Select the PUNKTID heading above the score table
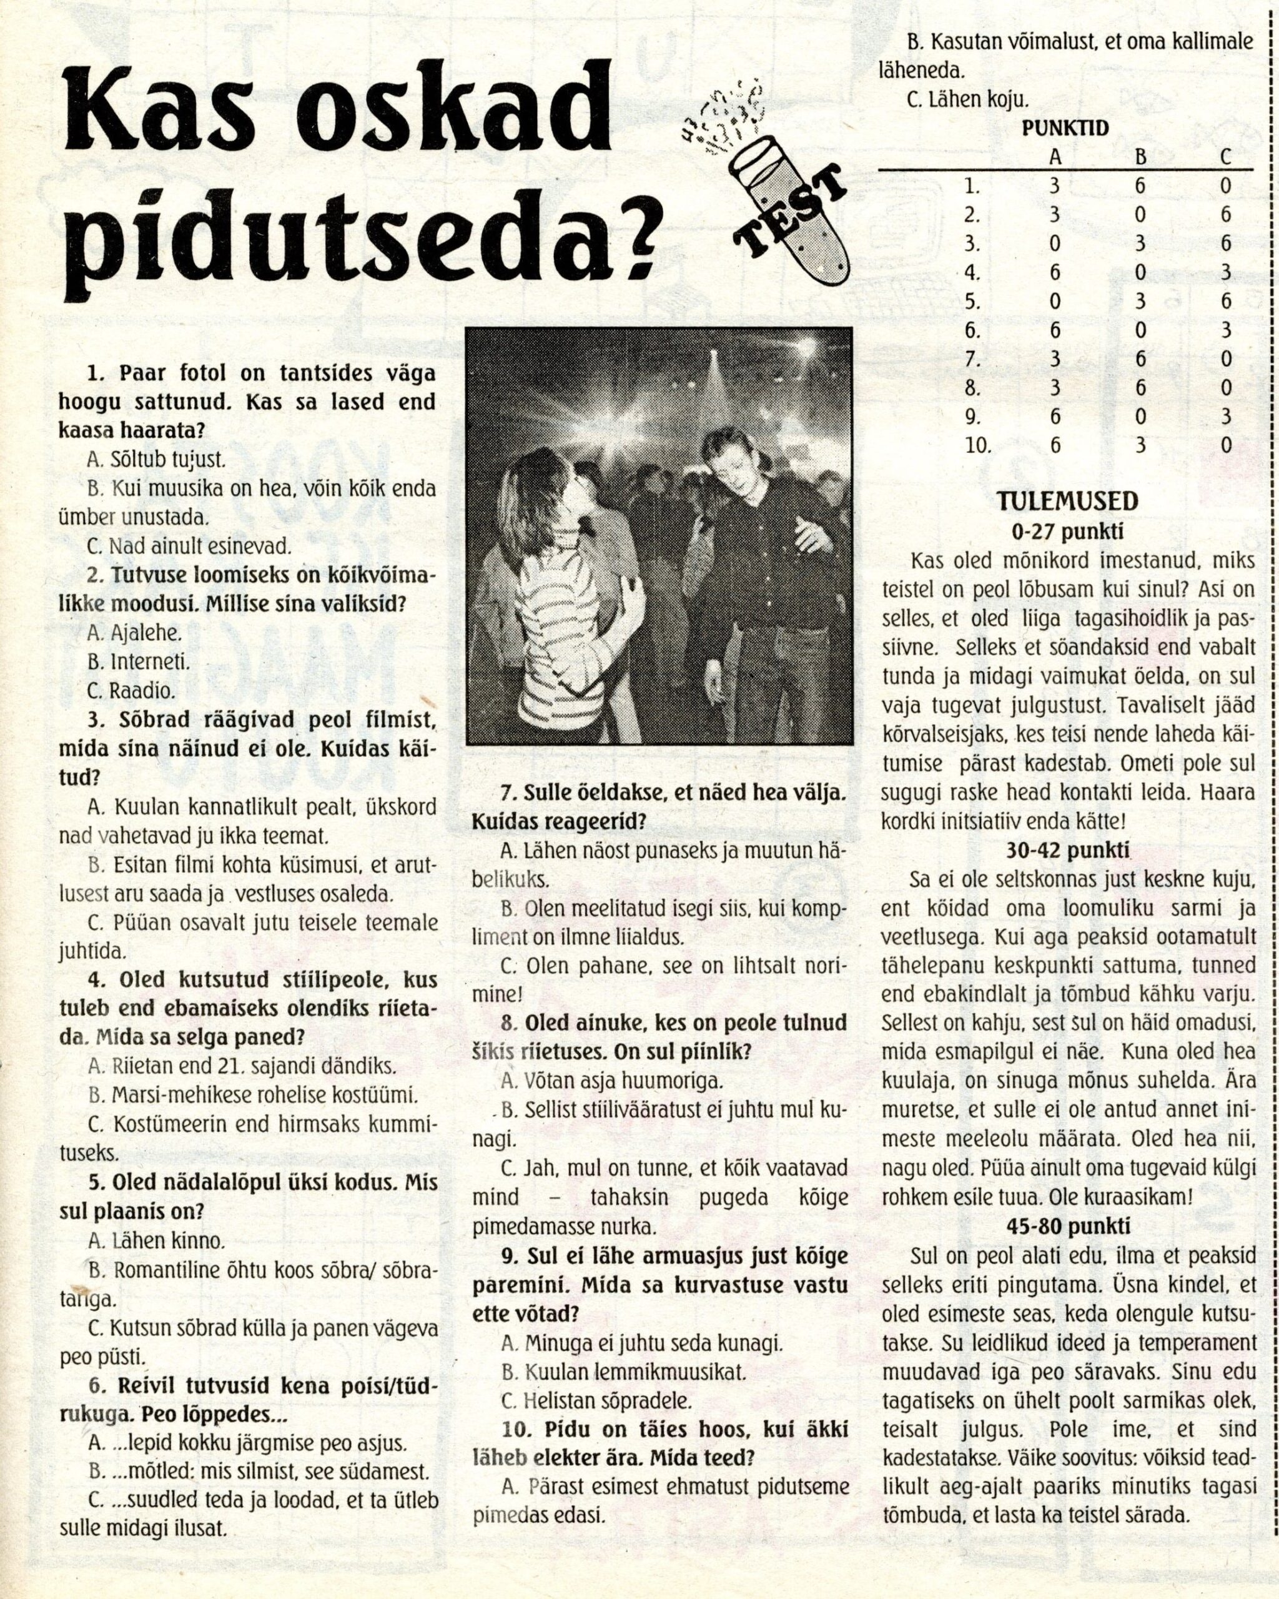pos(1065,127)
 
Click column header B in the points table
pos(1140,157)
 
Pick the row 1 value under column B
pos(1140,186)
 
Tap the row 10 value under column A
pos(1055,445)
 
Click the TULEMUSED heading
pos(1066,502)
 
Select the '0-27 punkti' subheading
pos(1067,531)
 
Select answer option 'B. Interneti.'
pos(139,661)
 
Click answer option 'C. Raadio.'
pos(131,691)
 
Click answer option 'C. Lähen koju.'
pos(967,99)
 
